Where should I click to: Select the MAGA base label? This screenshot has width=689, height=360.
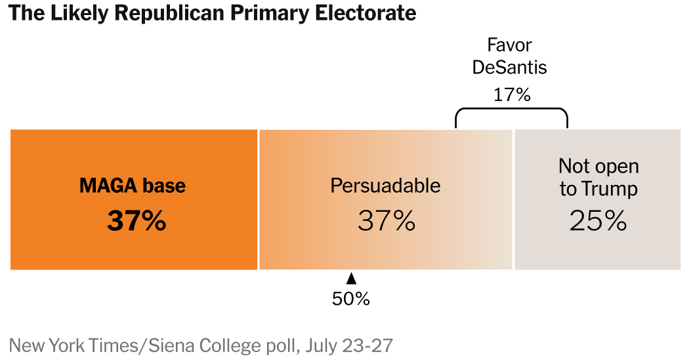pos(133,186)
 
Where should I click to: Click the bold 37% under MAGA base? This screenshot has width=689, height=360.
pos(136,222)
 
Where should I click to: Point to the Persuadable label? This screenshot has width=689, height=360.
pos(385,186)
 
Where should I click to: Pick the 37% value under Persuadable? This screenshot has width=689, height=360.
pos(386,222)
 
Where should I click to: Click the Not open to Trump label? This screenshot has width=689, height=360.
pos(598,178)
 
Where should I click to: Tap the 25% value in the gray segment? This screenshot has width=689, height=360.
pos(598,222)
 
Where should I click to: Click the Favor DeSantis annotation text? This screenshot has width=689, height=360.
pos(510,56)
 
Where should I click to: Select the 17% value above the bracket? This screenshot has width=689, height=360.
pos(511,94)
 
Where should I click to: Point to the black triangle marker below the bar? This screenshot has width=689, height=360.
pos(351,278)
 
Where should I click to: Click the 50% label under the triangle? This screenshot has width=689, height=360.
pos(351,299)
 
